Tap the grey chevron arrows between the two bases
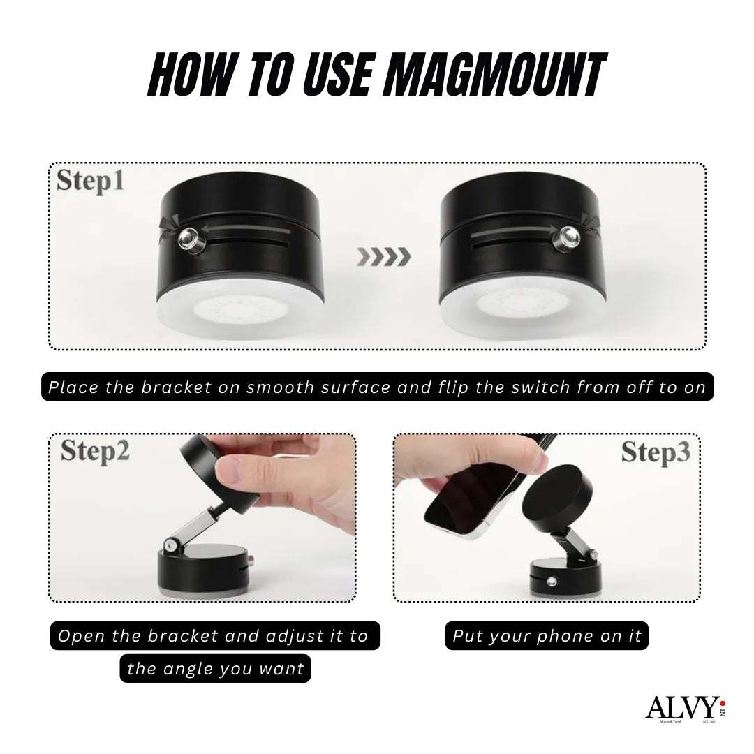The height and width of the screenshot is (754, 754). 383,257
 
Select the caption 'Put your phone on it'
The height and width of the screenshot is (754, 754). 547,636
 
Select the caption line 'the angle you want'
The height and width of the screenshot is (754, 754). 216,669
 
